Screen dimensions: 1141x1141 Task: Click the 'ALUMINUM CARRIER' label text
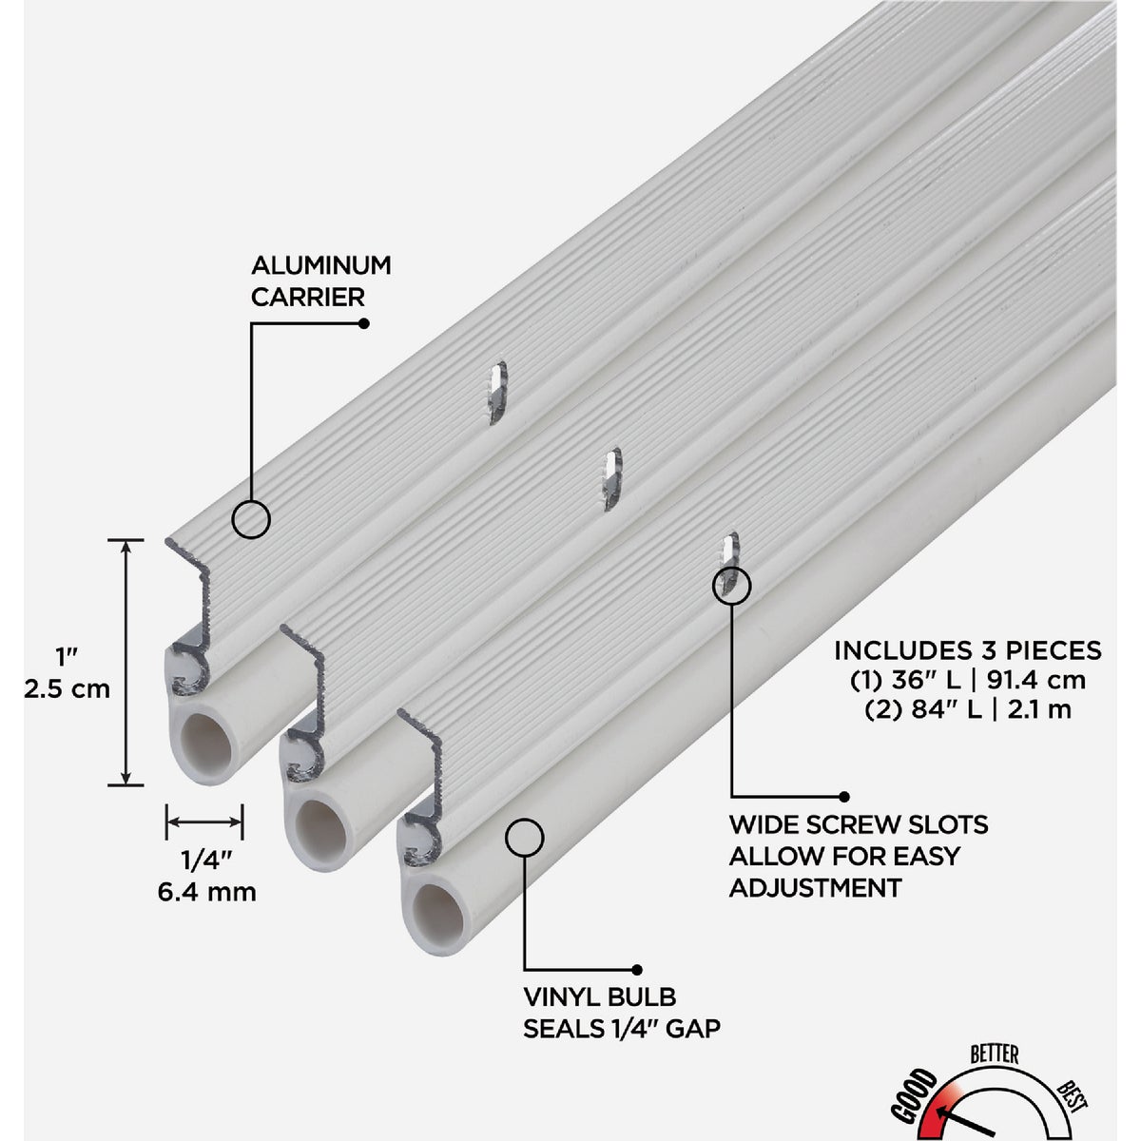pyautogui.click(x=320, y=280)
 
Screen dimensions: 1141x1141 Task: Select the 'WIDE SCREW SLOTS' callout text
pyautogui.click(x=859, y=823)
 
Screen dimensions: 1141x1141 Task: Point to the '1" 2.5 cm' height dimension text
pyautogui.click(x=68, y=673)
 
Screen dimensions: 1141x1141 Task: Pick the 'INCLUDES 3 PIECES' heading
pyautogui.click(x=967, y=650)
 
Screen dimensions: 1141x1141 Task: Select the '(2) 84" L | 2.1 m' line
pyautogui.click(x=967, y=709)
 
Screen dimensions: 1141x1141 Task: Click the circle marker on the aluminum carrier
pyautogui.click(x=251, y=519)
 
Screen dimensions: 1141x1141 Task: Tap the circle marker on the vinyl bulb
pyautogui.click(x=524, y=837)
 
